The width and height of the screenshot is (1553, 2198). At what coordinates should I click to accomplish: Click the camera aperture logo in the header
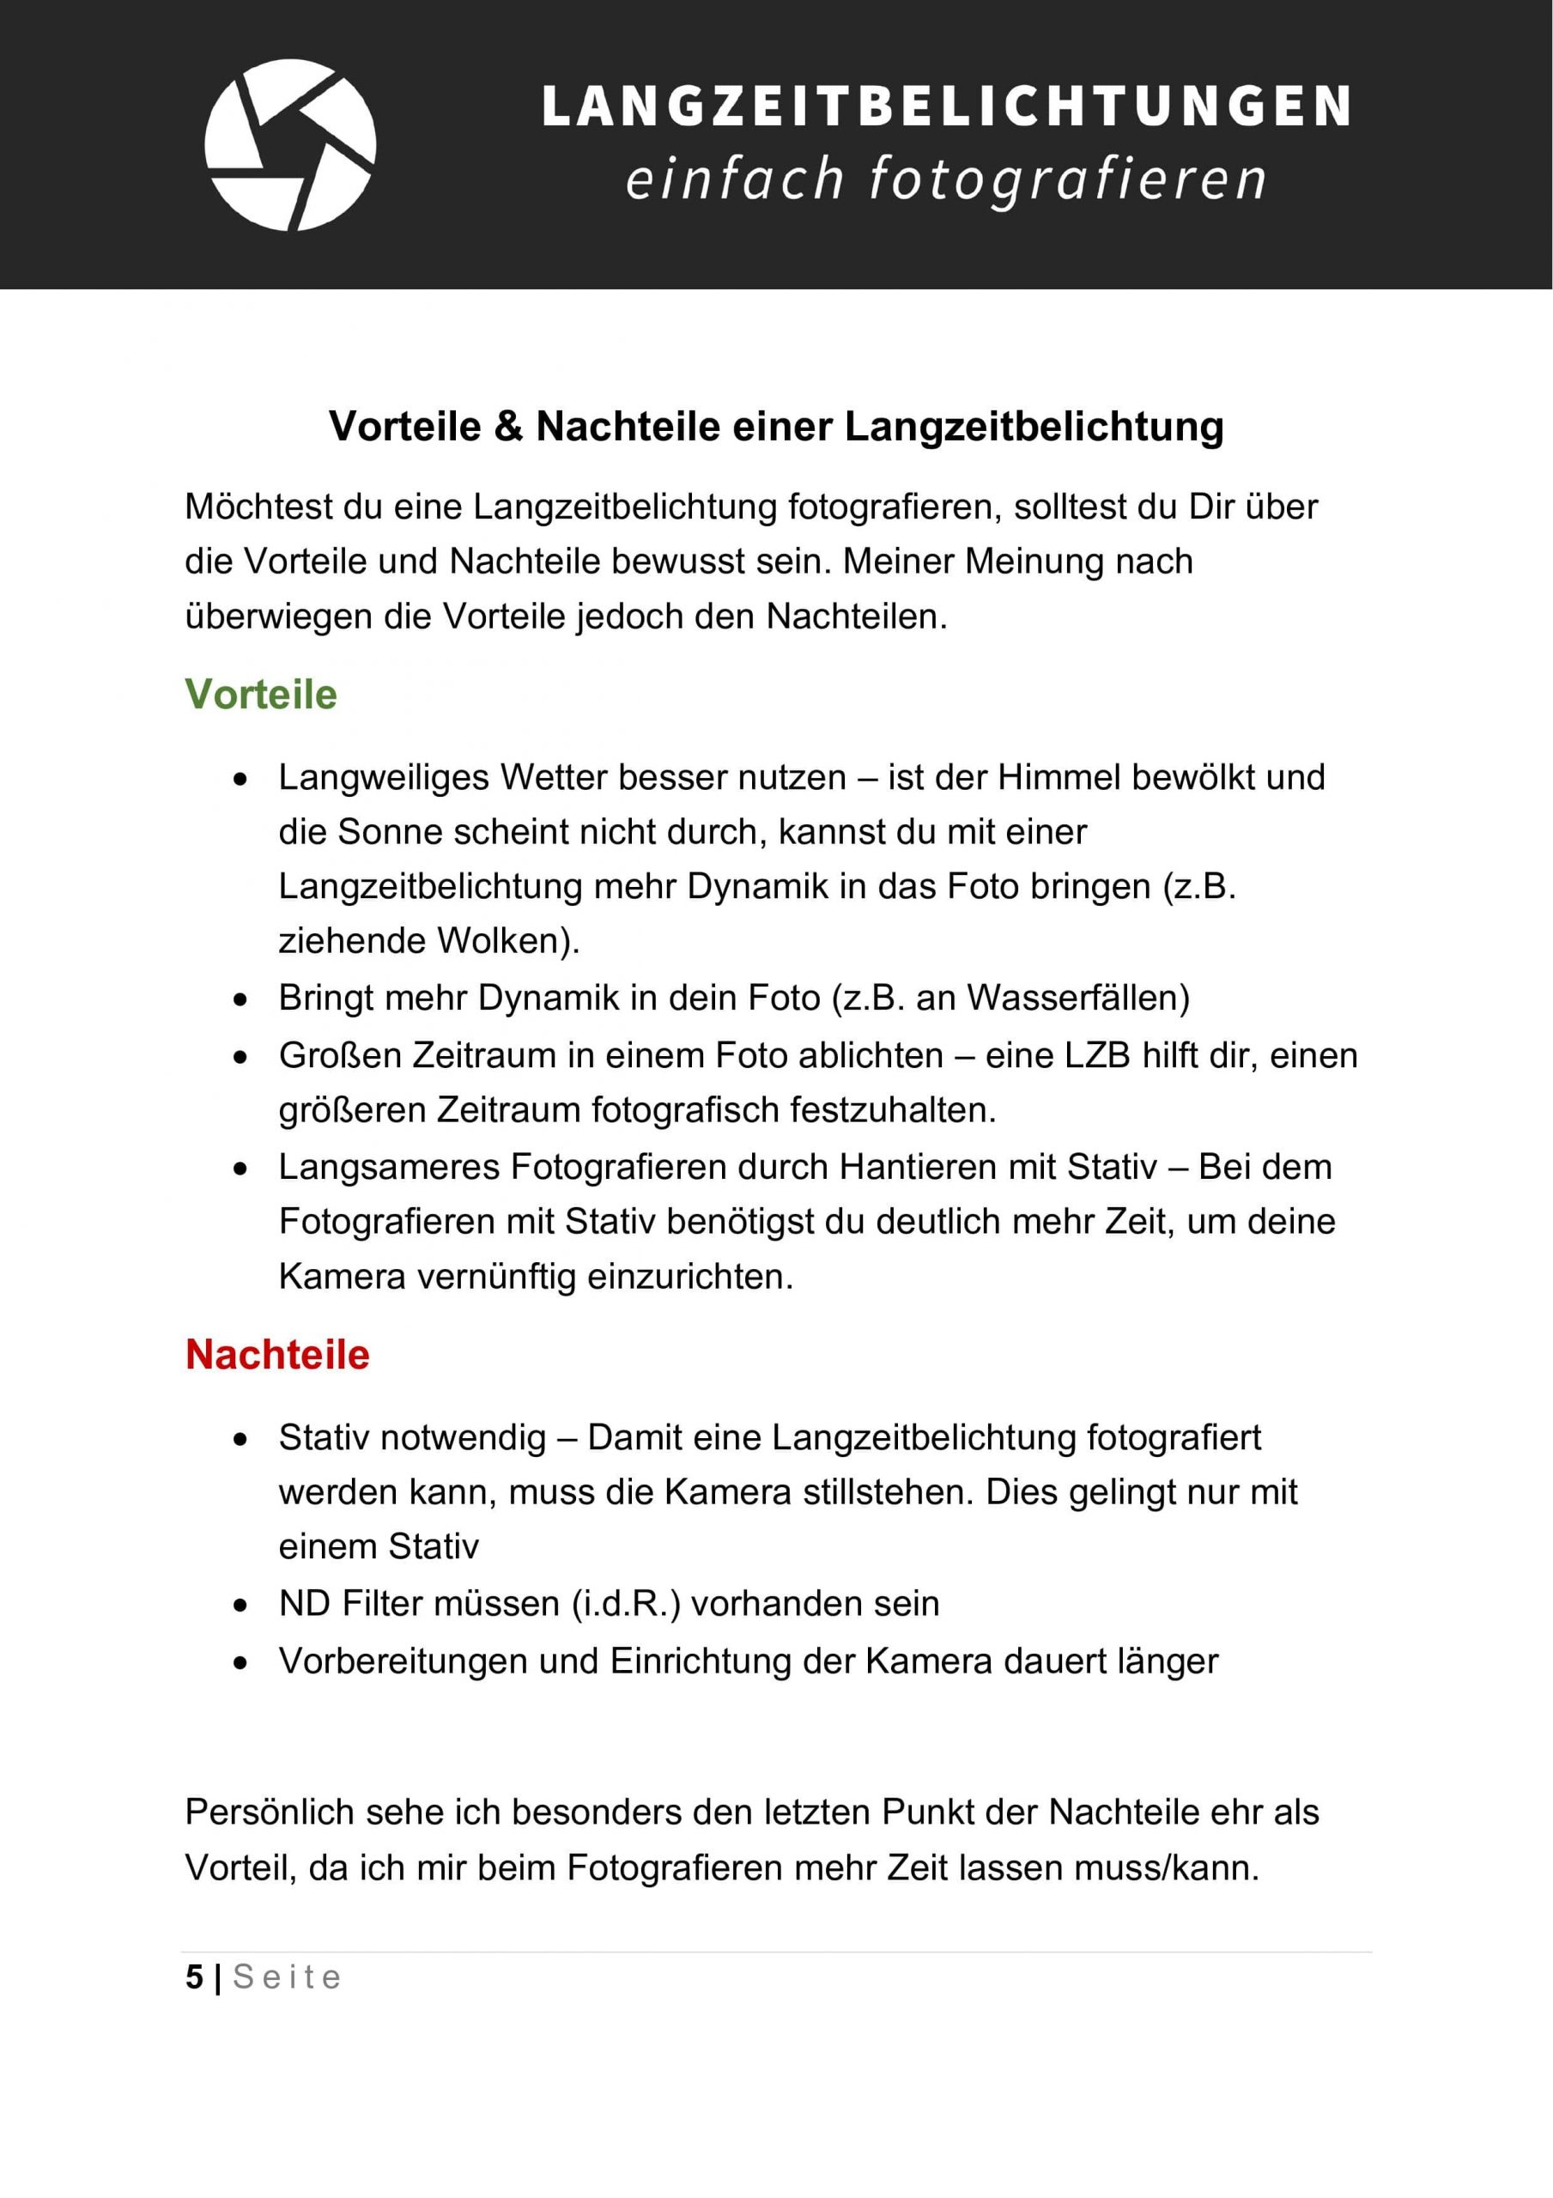pyautogui.click(x=290, y=144)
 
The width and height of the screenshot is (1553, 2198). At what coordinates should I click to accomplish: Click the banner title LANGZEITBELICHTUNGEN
pyautogui.click(x=946, y=106)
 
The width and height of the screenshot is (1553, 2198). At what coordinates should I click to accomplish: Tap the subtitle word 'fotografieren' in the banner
pyautogui.click(x=1066, y=180)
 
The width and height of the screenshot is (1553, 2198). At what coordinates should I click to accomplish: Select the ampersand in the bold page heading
pyautogui.click(x=508, y=427)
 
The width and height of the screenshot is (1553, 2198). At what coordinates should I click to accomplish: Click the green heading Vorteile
pyautogui.click(x=260, y=695)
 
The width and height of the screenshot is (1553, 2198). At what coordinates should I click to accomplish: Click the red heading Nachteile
pyautogui.click(x=276, y=1355)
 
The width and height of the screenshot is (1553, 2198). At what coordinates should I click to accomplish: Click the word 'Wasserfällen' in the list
pyautogui.click(x=1077, y=999)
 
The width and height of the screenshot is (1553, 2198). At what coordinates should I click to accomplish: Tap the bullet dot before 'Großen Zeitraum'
pyautogui.click(x=241, y=1057)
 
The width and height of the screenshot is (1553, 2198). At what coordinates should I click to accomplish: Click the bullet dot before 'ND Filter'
pyautogui.click(x=241, y=1606)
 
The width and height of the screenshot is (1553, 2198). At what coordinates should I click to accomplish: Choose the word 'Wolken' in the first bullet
pyautogui.click(x=507, y=942)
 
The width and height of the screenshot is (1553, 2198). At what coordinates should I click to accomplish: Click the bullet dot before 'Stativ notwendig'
pyautogui.click(x=241, y=1439)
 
